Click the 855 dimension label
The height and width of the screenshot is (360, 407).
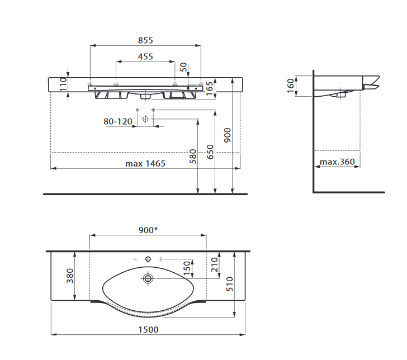point(145,40)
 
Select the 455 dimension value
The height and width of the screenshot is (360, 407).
point(145,56)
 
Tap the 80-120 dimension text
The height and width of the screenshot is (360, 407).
point(118,121)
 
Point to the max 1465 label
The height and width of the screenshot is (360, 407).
point(145,164)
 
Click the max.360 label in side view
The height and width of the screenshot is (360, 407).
point(337,162)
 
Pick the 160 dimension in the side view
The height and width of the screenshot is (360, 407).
point(291,86)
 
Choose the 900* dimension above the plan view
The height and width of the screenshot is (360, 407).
point(148,230)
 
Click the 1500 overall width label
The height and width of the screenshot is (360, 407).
point(148,330)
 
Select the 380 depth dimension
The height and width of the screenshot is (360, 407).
point(70,276)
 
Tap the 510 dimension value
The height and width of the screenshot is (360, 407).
point(230,284)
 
